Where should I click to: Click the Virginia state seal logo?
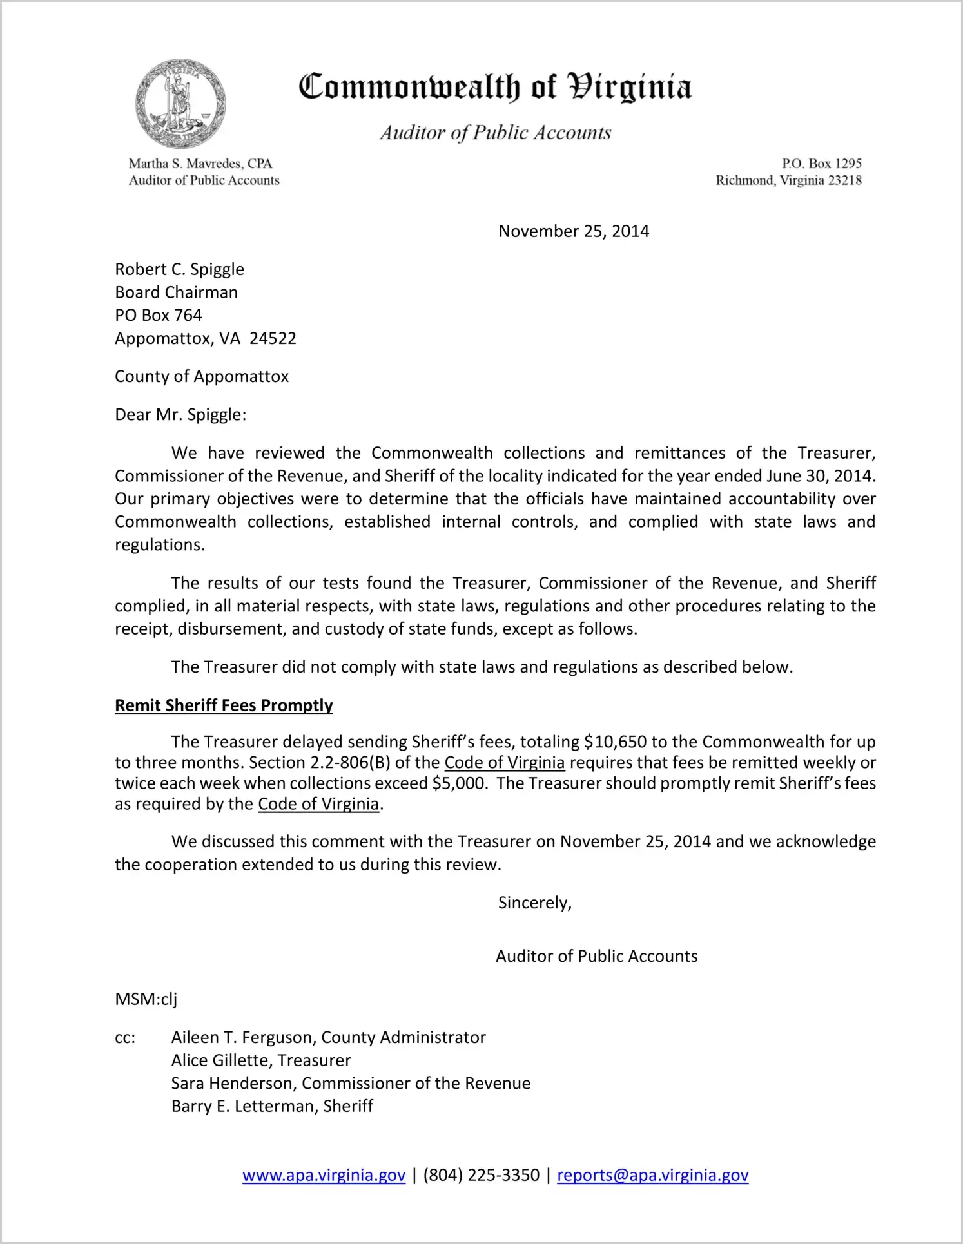180,104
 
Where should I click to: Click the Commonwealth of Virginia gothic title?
495,87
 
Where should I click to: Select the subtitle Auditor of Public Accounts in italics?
495,133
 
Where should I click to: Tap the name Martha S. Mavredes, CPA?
200,164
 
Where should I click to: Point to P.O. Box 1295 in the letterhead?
821,164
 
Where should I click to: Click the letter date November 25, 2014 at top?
574,231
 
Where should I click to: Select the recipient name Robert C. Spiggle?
179,269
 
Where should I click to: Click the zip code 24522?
273,338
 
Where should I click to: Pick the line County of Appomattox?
201,376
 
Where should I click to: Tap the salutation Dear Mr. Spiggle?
180,414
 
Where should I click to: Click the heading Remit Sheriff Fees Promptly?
224,705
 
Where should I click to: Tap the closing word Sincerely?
535,903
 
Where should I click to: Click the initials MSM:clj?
146,999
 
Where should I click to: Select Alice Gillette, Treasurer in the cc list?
261,1060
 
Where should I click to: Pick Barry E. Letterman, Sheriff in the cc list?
272,1106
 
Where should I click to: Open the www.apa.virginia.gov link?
324,1175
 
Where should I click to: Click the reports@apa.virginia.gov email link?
652,1175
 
